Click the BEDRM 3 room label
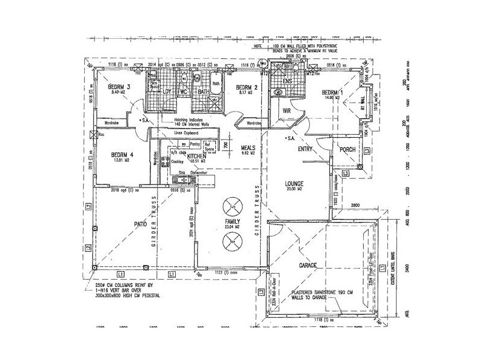[x=119, y=86]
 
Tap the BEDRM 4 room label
[x=122, y=155]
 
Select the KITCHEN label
[x=196, y=156]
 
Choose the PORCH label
[x=347, y=149]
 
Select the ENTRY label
[x=305, y=148]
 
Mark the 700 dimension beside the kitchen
[x=225, y=146]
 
